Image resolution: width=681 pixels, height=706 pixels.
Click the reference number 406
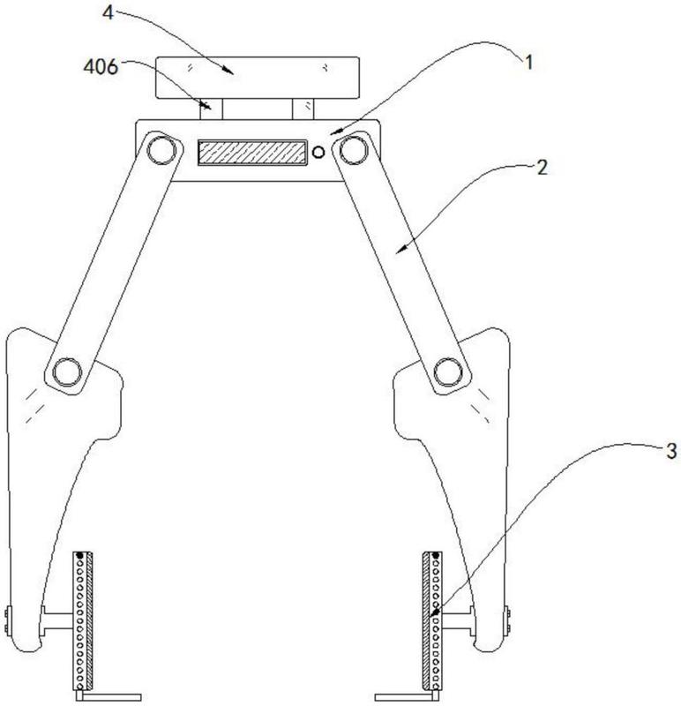pos(101,67)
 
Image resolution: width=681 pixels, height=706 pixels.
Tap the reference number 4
pos(108,12)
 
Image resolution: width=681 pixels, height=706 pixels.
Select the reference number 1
pos(529,62)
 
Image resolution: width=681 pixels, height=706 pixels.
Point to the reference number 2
pos(543,168)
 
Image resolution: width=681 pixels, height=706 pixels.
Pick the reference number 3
pos(671,451)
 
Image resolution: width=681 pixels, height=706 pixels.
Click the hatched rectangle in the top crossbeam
pos(252,153)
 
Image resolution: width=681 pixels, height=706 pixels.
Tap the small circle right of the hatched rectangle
pos(318,152)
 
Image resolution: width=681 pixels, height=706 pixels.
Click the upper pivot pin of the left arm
pos(161,149)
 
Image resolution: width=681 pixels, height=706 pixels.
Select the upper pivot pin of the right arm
pos(354,149)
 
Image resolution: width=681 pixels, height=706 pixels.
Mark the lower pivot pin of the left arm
pos(68,372)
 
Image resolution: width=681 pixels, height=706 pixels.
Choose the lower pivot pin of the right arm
pos(448,372)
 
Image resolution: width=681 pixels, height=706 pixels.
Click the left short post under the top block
pos(212,109)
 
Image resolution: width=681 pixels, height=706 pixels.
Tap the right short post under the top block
pos(303,109)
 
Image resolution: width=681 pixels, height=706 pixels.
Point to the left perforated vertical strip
pos(82,620)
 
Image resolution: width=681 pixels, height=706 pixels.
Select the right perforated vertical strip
pos(432,620)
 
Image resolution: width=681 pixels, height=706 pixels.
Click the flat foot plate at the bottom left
pos(108,697)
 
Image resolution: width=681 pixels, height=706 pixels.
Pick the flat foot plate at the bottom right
pos(407,697)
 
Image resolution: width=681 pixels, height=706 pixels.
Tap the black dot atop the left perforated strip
pos(80,556)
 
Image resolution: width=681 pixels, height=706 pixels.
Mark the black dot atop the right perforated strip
pos(435,556)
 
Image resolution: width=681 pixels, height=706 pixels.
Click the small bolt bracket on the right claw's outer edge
pos(508,620)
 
